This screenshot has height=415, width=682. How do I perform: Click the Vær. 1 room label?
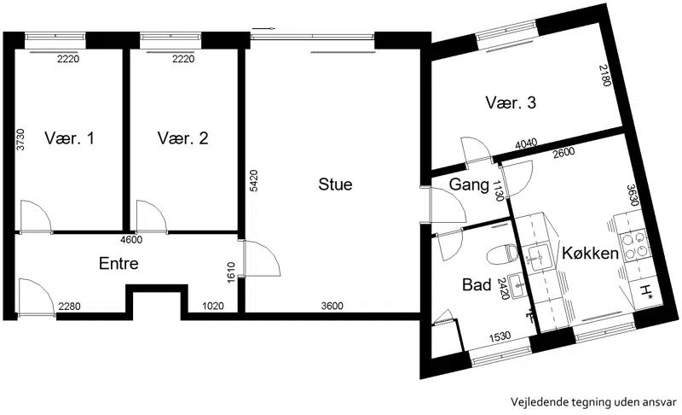pos(69,138)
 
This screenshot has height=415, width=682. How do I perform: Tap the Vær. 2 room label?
pos(182,138)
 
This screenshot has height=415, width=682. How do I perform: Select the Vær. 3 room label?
pos(511,102)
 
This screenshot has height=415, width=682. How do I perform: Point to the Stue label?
pos(335,184)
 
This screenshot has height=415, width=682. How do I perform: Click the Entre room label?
pos(118,263)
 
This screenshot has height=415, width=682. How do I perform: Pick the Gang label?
pos(469,184)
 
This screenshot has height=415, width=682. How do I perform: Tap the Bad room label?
pos(477,285)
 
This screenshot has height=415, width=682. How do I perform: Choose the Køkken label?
pos(590,253)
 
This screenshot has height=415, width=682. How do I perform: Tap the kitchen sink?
pos(539,255)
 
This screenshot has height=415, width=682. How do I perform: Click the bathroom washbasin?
pos(517,286)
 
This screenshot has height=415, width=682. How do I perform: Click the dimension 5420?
pos(254,180)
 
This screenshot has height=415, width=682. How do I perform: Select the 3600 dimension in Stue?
pos(332,307)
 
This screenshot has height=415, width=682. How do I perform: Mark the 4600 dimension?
pos(131,239)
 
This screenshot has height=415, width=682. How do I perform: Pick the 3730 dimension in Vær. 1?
pos(20,139)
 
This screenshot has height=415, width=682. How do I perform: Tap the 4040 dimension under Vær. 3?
pos(526,143)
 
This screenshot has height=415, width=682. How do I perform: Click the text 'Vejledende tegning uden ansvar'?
pos(593,402)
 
